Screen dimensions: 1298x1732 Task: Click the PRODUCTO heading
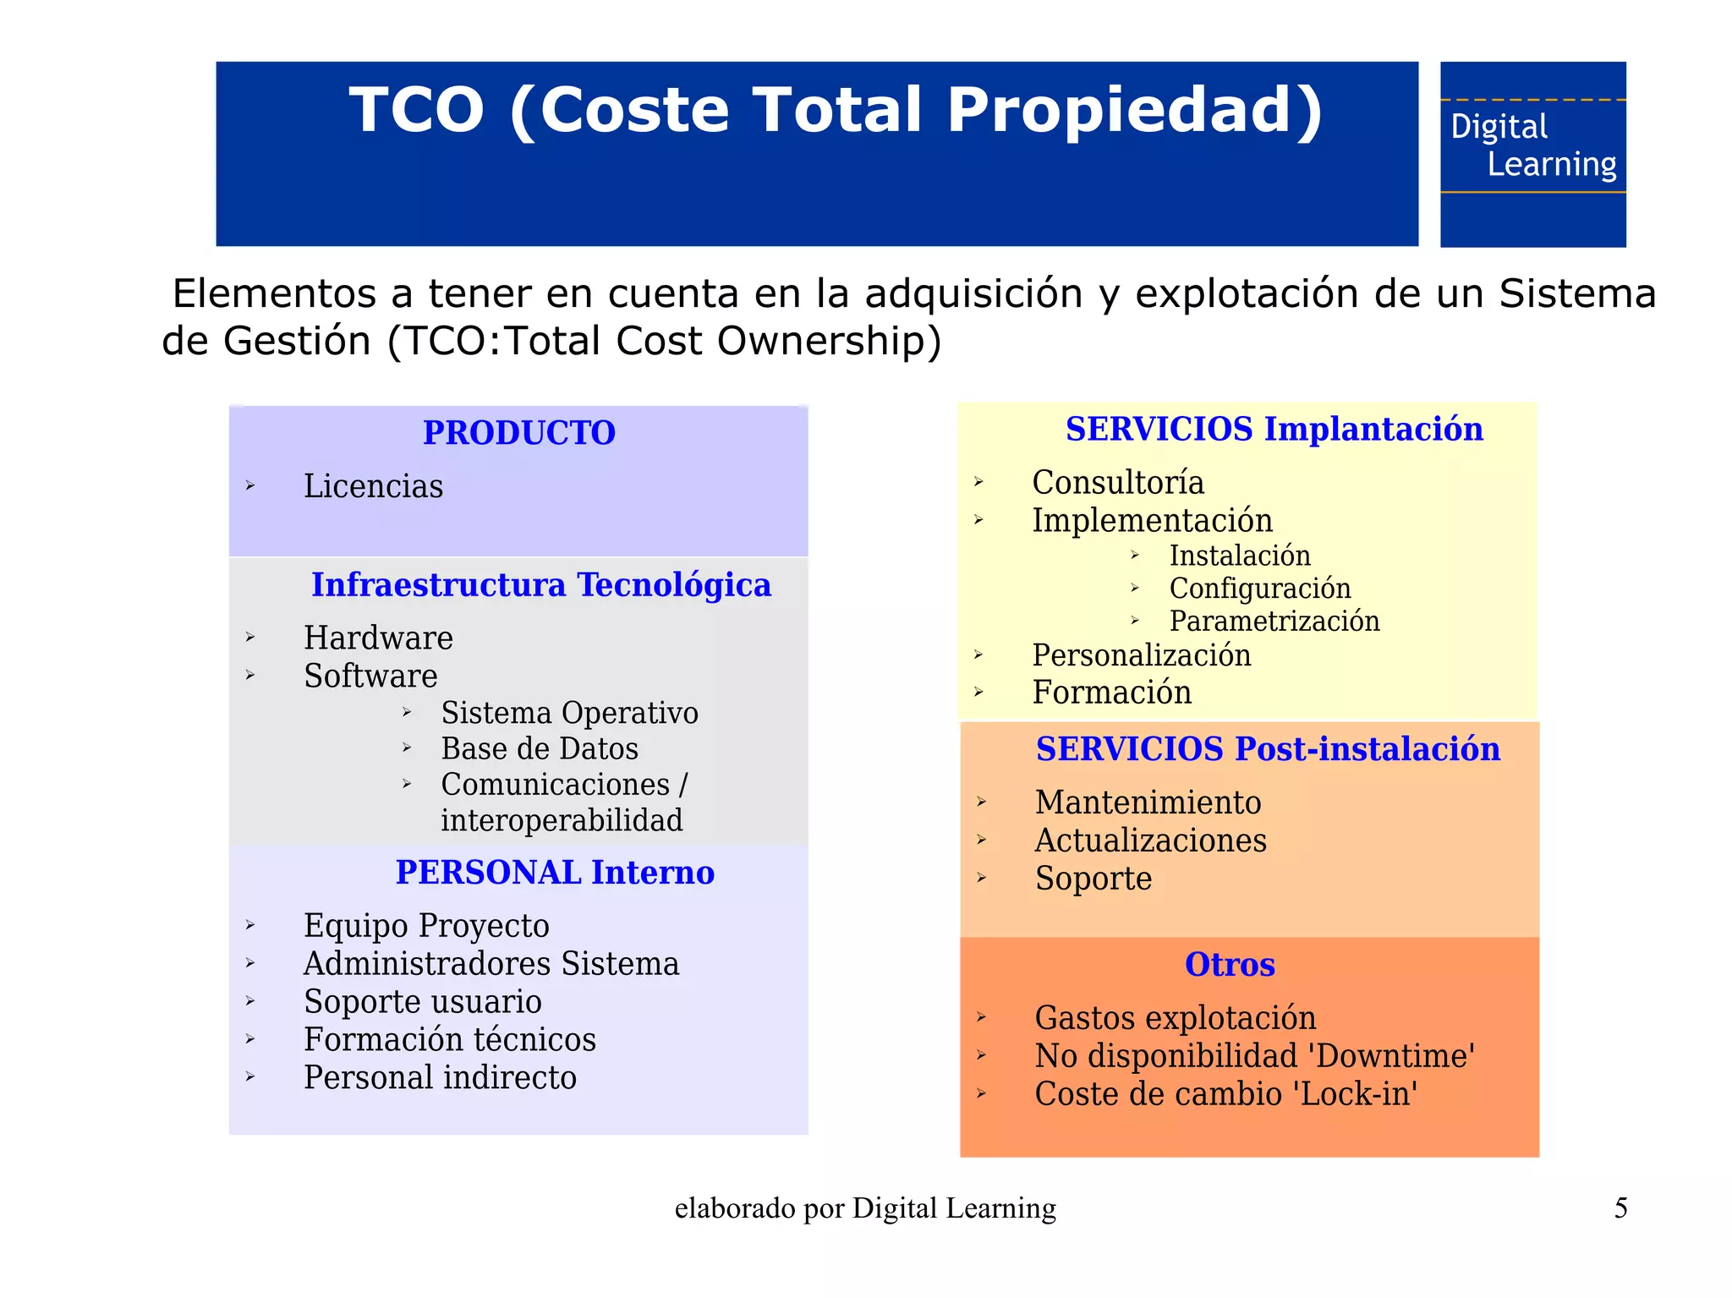[519, 433]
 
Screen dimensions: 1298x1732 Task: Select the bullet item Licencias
[373, 486]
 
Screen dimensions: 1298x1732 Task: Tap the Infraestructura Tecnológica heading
[541, 585]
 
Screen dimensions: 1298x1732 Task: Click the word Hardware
[378, 638]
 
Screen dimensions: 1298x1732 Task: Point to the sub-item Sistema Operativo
[569, 713]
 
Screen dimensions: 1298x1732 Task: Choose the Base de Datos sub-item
[540, 749]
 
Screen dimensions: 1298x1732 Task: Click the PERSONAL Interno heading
[555, 873]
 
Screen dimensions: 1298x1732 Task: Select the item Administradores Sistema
[491, 964]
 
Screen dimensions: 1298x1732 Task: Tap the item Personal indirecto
[440, 1077]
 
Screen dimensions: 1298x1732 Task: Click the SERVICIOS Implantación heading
[1274, 430]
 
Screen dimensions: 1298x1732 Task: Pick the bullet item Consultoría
[1117, 482]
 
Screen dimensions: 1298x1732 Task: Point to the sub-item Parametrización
[1274, 621]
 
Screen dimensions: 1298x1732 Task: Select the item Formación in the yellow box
[1111, 693]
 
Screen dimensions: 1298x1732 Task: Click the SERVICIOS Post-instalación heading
[1268, 749]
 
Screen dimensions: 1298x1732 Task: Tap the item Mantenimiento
[1148, 802]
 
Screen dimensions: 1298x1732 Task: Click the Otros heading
[1230, 965]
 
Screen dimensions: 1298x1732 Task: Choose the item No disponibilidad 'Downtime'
[1255, 1056]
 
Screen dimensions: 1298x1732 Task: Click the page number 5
[1620, 1208]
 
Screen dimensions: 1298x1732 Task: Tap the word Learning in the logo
[1551, 164]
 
